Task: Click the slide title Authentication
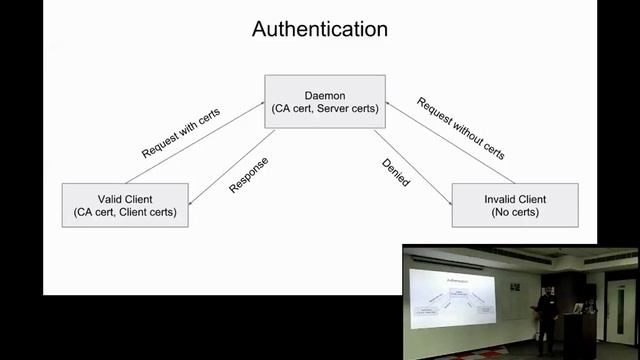319,29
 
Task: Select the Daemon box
321,101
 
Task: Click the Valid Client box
124,204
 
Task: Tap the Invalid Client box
515,204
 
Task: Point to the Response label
248,174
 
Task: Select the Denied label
395,172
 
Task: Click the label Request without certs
460,128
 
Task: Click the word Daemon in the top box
321,94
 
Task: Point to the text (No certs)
515,211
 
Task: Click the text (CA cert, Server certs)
321,109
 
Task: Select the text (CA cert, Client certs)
124,211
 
